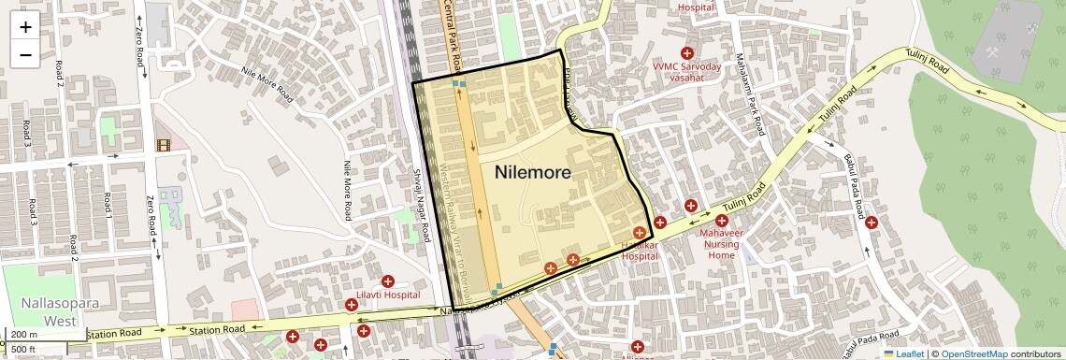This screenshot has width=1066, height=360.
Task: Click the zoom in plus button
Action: click(x=25, y=26)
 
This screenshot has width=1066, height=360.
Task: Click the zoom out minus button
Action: click(x=25, y=54)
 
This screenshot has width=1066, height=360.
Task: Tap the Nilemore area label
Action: click(x=532, y=172)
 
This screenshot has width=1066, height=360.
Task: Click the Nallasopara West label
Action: click(x=47, y=312)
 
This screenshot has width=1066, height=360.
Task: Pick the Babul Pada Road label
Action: click(x=852, y=188)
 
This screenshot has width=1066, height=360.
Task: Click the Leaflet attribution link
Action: click(x=903, y=353)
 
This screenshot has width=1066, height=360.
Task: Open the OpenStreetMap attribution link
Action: click(x=973, y=353)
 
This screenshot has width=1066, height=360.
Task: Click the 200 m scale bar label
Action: click(x=24, y=335)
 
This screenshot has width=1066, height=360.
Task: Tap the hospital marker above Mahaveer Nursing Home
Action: click(x=722, y=221)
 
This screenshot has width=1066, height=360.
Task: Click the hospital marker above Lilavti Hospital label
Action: click(x=387, y=281)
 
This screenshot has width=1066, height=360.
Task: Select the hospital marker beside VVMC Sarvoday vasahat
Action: click(x=687, y=54)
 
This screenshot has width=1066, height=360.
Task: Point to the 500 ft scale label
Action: click(x=24, y=350)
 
